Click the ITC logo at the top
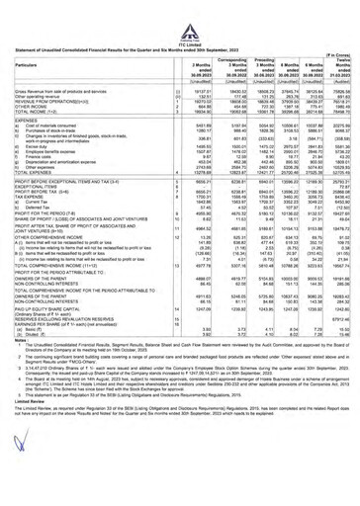179,9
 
